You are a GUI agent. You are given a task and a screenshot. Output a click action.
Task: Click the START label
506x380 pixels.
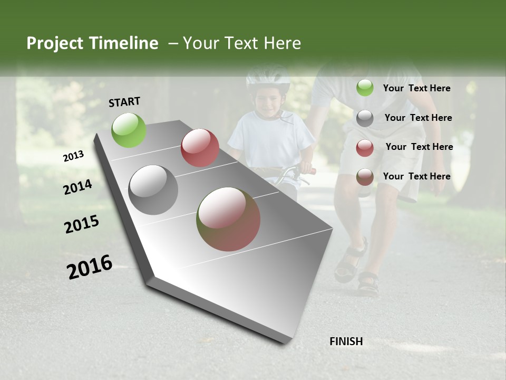124,102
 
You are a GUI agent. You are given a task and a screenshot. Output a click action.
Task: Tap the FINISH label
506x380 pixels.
346,341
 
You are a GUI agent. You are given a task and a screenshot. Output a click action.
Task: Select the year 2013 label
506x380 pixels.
74,156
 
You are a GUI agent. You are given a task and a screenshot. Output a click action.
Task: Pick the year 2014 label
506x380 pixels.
78,187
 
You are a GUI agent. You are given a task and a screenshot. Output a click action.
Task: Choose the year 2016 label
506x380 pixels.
90,267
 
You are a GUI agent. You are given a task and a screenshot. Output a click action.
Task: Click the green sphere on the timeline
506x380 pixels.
129,130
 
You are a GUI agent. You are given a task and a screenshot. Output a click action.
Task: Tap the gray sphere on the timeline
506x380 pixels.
153,190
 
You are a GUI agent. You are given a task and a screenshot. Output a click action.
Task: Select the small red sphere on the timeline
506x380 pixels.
200,148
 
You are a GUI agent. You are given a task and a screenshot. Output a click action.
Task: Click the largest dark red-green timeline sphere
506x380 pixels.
229,219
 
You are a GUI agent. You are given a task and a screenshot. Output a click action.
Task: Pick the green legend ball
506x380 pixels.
365,88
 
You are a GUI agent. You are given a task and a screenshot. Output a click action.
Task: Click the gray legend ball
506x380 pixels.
365,118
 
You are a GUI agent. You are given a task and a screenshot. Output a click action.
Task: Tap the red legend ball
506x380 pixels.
365,148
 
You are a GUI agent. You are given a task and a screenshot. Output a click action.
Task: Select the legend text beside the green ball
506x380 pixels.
417,88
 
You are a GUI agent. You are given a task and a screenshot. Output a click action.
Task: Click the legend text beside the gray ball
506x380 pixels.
419,118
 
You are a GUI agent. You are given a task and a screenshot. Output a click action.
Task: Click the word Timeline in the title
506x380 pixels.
124,43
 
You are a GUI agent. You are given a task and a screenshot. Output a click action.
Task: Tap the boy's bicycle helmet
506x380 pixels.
268,77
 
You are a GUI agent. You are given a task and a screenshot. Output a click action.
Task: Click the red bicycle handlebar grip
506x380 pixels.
312,171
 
